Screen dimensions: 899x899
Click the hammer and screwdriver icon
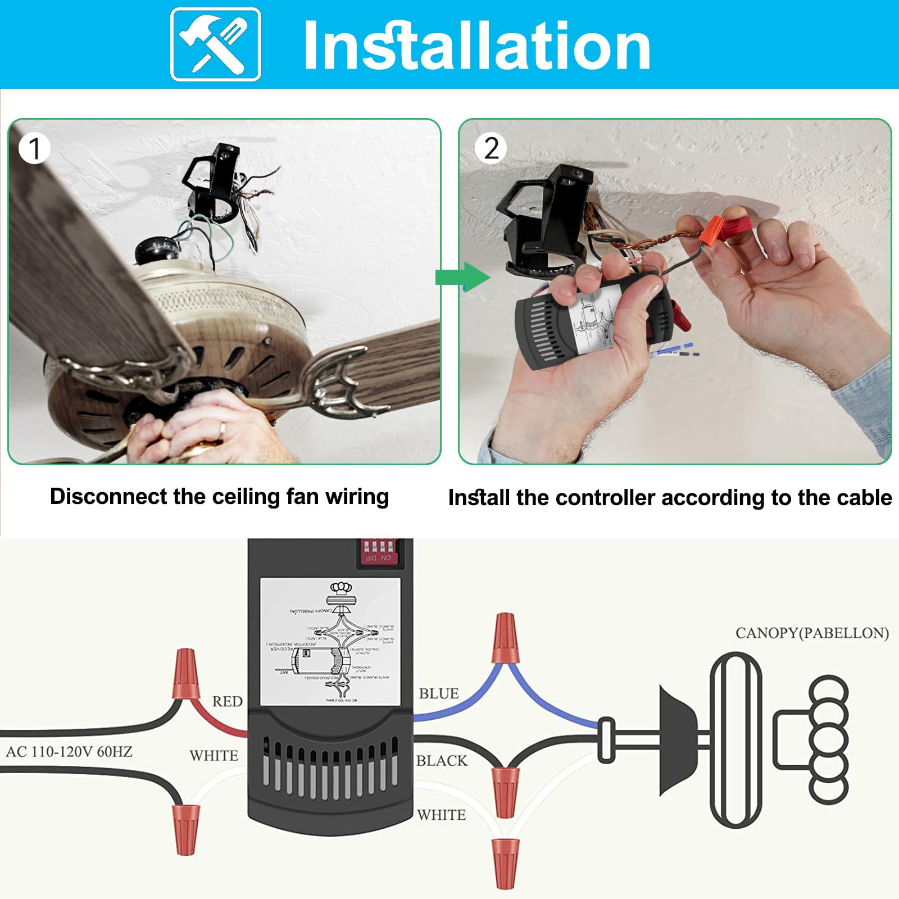(x=216, y=44)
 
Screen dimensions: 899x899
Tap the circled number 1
(x=34, y=149)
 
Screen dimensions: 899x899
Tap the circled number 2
(x=491, y=149)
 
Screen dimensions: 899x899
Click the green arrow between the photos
(x=462, y=277)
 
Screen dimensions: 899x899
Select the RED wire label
(x=227, y=701)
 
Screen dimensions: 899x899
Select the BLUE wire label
(x=439, y=694)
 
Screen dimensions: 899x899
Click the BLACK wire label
(x=442, y=761)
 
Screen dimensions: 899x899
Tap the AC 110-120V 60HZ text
(x=69, y=752)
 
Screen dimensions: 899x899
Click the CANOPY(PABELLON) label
(x=812, y=633)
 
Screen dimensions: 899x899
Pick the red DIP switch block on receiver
(x=378, y=552)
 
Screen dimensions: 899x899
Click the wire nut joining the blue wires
(x=505, y=639)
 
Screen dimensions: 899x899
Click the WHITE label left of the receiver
(x=214, y=756)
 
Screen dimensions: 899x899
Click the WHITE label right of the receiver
(x=442, y=815)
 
